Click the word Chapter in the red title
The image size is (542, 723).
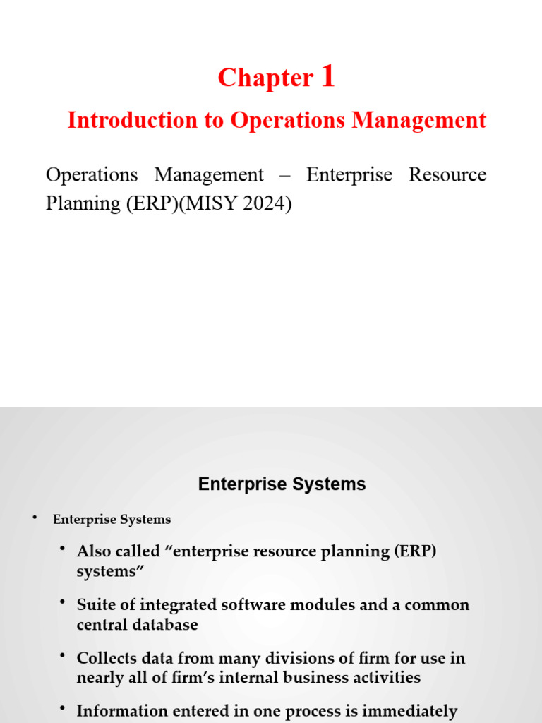pos(265,78)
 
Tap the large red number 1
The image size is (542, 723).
pos(327,76)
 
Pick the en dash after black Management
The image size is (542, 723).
pos(285,175)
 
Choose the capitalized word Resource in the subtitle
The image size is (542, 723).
pos(447,175)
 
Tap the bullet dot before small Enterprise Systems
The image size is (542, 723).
pos(33,518)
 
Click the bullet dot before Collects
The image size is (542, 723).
pos(63,657)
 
